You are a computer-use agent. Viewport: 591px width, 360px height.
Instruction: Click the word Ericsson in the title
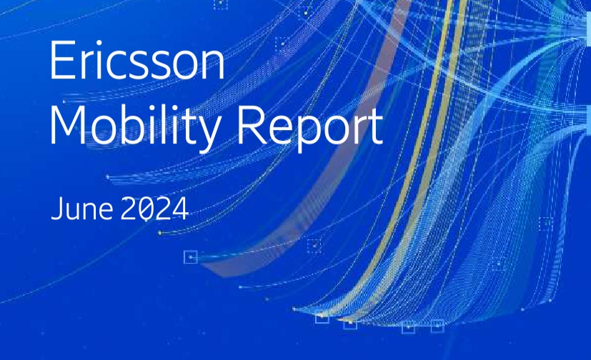pyautogui.click(x=137, y=60)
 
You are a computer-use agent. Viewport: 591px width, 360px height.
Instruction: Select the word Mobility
pyautogui.click(x=135, y=125)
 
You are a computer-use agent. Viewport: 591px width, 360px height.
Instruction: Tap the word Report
pyautogui.click(x=310, y=125)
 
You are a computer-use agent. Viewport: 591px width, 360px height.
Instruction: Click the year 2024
pyautogui.click(x=154, y=209)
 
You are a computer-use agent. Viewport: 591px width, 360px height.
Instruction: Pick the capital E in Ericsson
pyautogui.click(x=61, y=60)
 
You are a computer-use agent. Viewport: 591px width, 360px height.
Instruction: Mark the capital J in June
pyautogui.click(x=56, y=209)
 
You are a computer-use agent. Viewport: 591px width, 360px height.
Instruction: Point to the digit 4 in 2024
pyautogui.click(x=181, y=209)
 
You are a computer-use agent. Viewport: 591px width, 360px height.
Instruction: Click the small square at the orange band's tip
pyautogui.click(x=191, y=257)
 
